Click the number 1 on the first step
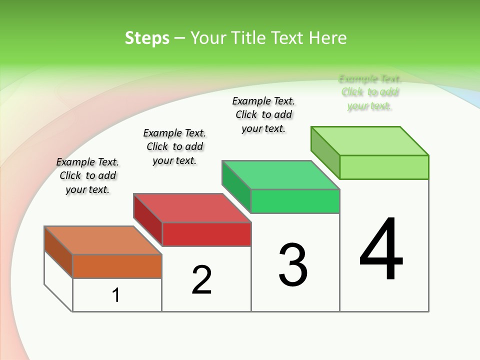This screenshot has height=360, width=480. pyautogui.click(x=116, y=295)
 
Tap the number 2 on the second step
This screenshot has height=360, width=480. pyautogui.click(x=201, y=279)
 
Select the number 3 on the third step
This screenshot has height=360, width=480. pyautogui.click(x=293, y=265)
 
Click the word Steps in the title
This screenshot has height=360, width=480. pyautogui.click(x=147, y=38)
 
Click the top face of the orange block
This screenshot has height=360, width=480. pyautogui.click(x=103, y=240)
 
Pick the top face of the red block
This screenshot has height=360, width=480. pyautogui.click(x=192, y=208)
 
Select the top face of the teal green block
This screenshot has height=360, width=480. pyautogui.click(x=280, y=175)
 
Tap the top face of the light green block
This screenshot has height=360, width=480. pyautogui.click(x=369, y=141)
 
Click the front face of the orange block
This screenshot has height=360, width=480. pyautogui.click(x=117, y=266)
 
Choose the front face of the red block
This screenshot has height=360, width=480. pyautogui.click(x=206, y=234)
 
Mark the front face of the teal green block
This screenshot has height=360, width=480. pyautogui.click(x=295, y=201)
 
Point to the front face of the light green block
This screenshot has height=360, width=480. pyautogui.click(x=384, y=167)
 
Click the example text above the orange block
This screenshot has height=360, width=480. pyautogui.click(x=87, y=175)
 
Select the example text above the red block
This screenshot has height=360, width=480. pyautogui.click(x=174, y=146)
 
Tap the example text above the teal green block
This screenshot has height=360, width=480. pyautogui.click(x=263, y=114)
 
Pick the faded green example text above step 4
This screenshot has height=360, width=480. pyautogui.click(x=369, y=92)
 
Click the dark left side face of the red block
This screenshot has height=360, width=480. pyautogui.click(x=148, y=219)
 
